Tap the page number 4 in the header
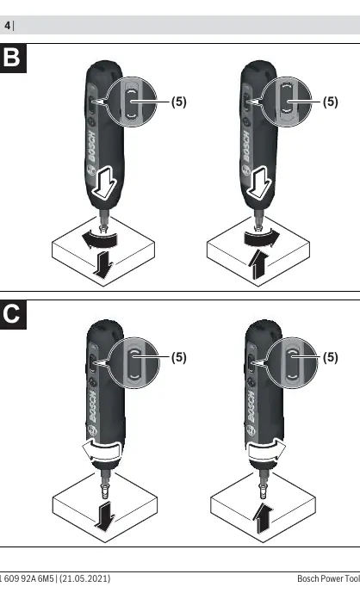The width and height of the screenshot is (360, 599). coord(7,26)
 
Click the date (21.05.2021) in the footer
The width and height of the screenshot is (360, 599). coord(84,578)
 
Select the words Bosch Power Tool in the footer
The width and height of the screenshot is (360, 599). coord(329,578)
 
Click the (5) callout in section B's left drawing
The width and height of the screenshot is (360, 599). coord(178,102)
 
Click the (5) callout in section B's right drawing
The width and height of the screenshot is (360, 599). coord(330,102)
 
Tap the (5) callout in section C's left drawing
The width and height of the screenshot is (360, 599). coord(178,357)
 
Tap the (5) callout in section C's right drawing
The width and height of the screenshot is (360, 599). coord(330,357)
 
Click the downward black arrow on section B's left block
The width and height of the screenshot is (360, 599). coord(102,264)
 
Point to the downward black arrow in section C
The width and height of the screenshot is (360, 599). coord(105,516)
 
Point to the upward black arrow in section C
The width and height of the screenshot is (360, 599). coord(263,517)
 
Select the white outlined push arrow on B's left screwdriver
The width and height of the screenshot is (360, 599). coord(103,182)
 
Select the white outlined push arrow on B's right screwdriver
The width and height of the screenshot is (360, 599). coord(259,182)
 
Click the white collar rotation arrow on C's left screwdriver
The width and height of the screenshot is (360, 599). coord(102,451)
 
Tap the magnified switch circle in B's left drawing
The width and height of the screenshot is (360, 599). coord(131,102)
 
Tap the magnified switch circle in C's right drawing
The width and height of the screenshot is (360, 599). coord(291,363)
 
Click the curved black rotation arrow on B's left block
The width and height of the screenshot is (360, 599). coord(99,240)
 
